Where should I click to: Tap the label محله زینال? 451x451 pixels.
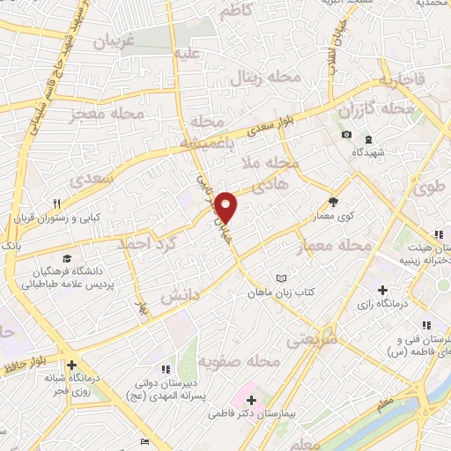pyautogui.click(x=265, y=78)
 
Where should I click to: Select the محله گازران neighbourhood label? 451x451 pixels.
pyautogui.click(x=381, y=110)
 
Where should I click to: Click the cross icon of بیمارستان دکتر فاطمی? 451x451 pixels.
pyautogui.click(x=251, y=401)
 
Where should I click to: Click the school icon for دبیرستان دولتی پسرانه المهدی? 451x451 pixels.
pyautogui.click(x=163, y=369)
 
